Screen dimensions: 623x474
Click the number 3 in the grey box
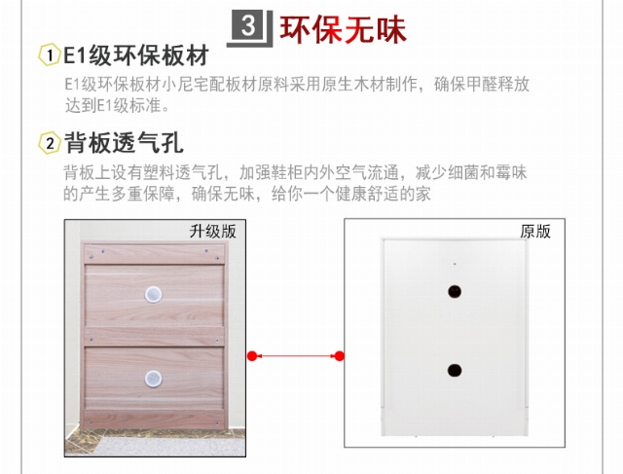(x=248, y=25)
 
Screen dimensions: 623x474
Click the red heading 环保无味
(x=344, y=29)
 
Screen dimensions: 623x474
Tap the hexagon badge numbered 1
(x=50, y=55)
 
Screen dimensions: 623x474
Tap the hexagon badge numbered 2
(x=50, y=143)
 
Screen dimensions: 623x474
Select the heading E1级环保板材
(x=136, y=55)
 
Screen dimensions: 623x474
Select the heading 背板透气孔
(x=124, y=143)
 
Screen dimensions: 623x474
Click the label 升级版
(x=212, y=232)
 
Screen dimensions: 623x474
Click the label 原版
(x=535, y=232)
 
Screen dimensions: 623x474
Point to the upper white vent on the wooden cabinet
(x=153, y=294)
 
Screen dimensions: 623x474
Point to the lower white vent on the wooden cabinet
(x=153, y=379)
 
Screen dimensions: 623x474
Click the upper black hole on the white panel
(x=455, y=292)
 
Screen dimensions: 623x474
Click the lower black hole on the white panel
(x=455, y=370)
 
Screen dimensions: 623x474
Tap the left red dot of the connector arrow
(x=252, y=356)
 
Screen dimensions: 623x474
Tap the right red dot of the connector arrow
(x=340, y=356)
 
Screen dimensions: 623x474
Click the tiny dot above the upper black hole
(x=455, y=264)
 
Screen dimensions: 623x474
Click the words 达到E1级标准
(x=113, y=106)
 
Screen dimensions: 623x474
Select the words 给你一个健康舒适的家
(x=351, y=195)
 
